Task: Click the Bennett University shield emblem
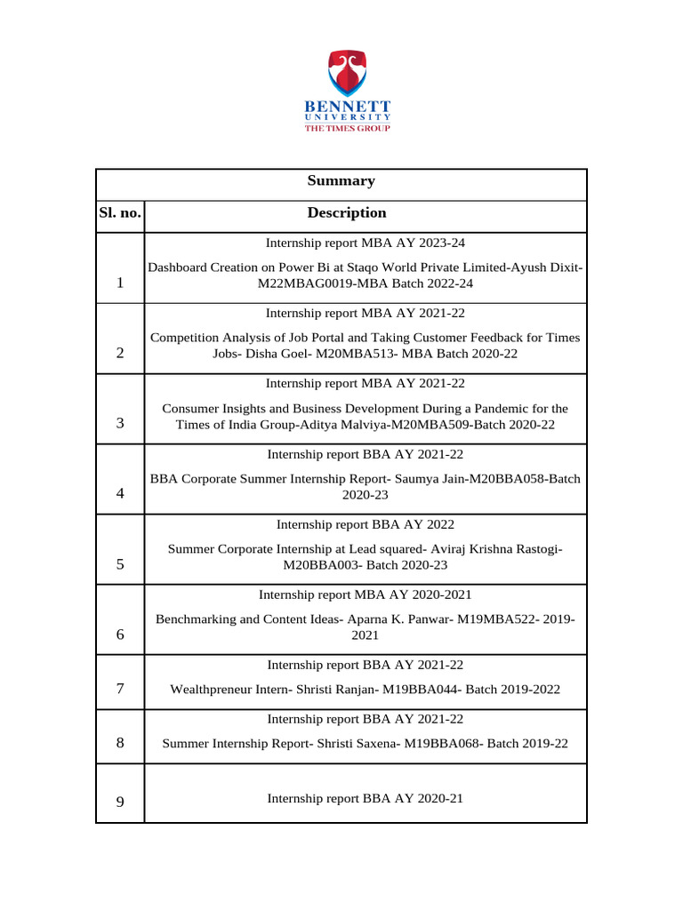pos(347,74)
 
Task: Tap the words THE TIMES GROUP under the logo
pos(347,128)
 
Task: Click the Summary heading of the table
pos(341,181)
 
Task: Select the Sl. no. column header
pos(119,213)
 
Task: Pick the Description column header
pos(347,213)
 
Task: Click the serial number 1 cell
pos(119,283)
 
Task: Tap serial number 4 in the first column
pos(119,494)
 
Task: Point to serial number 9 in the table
pos(119,802)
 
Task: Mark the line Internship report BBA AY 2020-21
pos(365,799)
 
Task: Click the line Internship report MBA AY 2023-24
pos(365,242)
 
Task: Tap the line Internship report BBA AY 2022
pos(365,524)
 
